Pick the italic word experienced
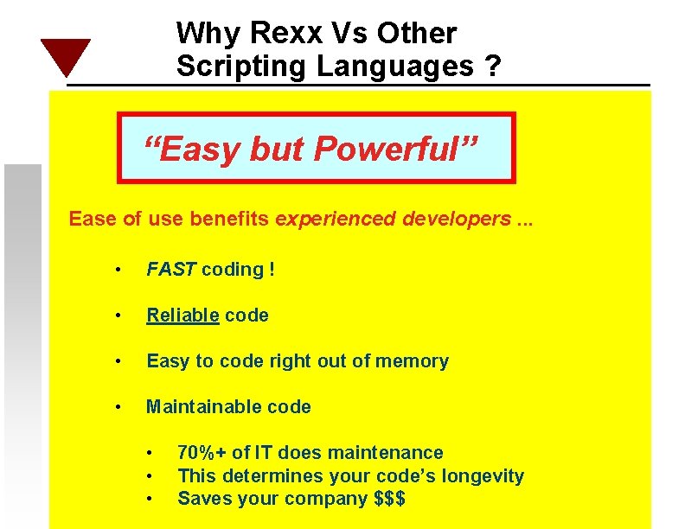(x=336, y=218)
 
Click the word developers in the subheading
(x=456, y=218)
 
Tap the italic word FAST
(x=171, y=269)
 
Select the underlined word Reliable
(x=182, y=315)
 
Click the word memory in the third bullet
(x=413, y=360)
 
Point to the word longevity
(x=483, y=475)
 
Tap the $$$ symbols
(x=388, y=498)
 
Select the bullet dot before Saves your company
(x=150, y=499)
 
